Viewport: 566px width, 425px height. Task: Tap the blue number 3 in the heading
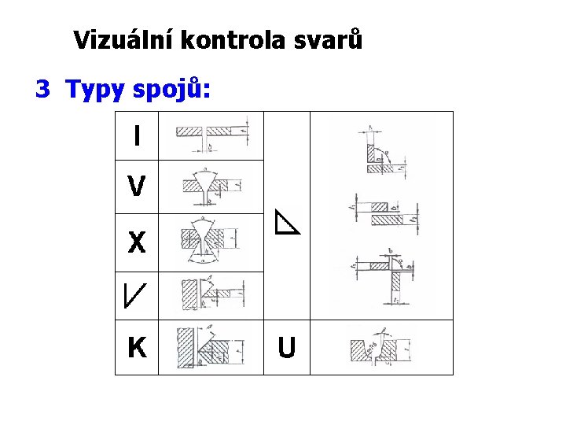(42, 90)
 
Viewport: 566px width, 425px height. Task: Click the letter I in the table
(137, 137)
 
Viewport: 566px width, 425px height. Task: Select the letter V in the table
(136, 187)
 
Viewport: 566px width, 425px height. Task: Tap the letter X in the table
(137, 242)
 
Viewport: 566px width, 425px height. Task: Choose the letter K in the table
(137, 346)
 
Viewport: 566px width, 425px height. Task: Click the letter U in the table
(287, 347)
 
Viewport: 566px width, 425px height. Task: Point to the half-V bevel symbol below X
(134, 293)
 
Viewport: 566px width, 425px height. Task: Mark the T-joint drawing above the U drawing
(382, 275)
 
